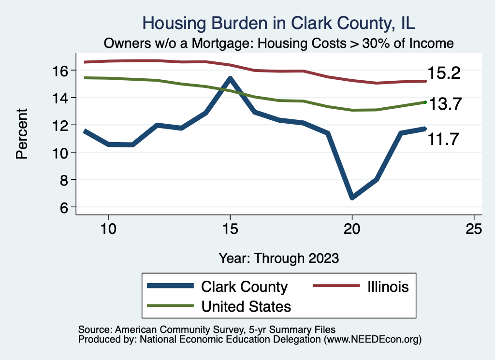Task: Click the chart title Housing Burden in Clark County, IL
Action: coord(279,23)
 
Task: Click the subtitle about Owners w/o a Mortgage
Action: coord(279,43)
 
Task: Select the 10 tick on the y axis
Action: coord(60,153)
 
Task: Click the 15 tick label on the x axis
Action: coord(230,229)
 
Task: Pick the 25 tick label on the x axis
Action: coord(474,229)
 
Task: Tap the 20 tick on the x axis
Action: coord(352,229)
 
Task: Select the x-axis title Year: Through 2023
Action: coord(278,258)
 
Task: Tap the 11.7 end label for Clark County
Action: coord(442,140)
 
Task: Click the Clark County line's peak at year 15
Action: coord(230,78)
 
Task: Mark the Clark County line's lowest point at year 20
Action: coord(352,197)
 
